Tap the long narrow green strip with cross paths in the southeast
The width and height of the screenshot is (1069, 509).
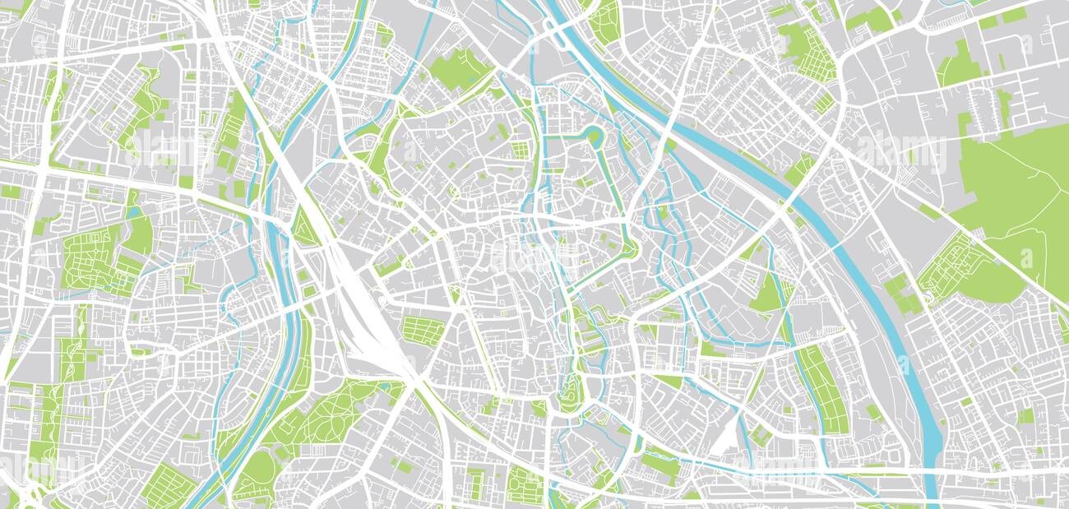tap(822, 386)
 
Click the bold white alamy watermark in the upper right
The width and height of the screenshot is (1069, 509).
tap(900, 152)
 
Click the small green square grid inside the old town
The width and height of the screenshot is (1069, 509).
tap(520, 150)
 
